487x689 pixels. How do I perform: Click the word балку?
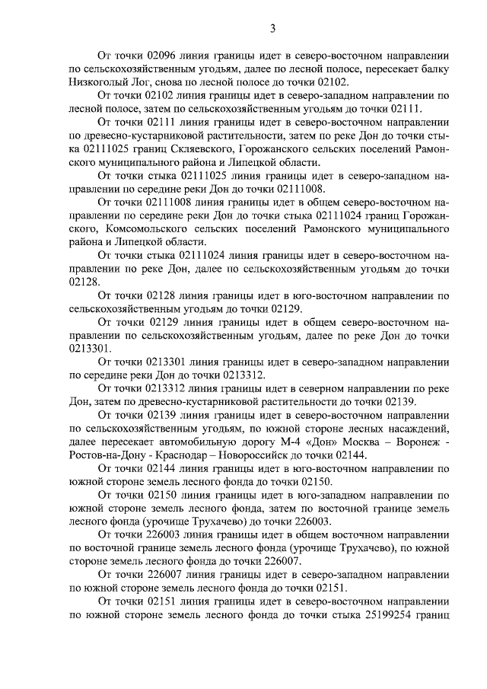pos(431,69)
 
